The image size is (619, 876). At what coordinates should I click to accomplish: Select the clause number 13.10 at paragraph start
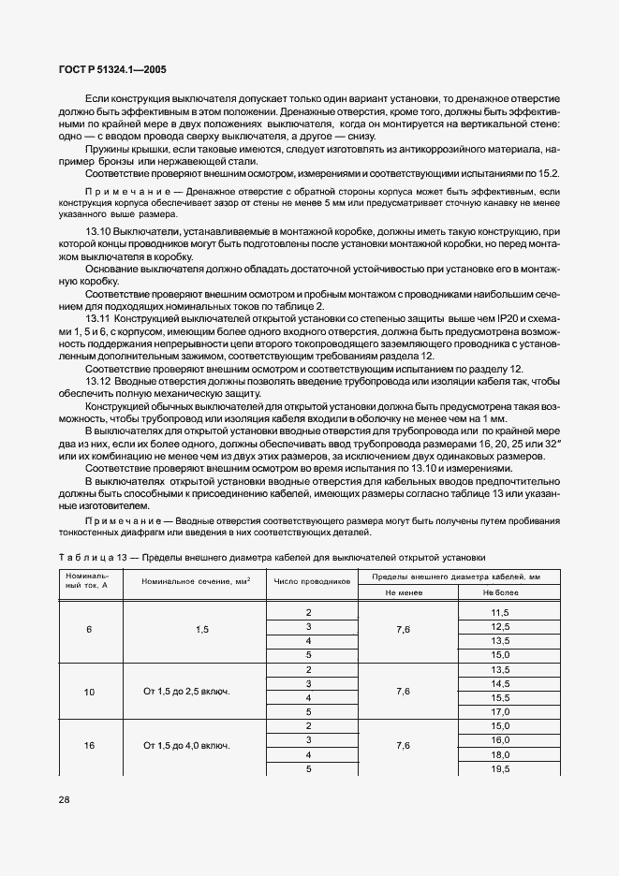(x=100, y=231)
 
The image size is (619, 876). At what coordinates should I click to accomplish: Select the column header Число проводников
(x=312, y=581)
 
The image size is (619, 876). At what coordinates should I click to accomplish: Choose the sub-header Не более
(x=500, y=592)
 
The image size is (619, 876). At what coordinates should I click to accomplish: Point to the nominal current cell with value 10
(x=89, y=692)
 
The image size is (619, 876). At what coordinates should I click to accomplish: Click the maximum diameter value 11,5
(x=500, y=612)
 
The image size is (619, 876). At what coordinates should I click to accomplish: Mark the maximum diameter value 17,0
(x=500, y=711)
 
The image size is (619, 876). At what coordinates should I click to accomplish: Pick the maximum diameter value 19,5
(x=500, y=768)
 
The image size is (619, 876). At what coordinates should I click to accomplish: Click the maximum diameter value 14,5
(x=500, y=684)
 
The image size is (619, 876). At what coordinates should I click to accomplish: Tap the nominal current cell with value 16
(x=89, y=746)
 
